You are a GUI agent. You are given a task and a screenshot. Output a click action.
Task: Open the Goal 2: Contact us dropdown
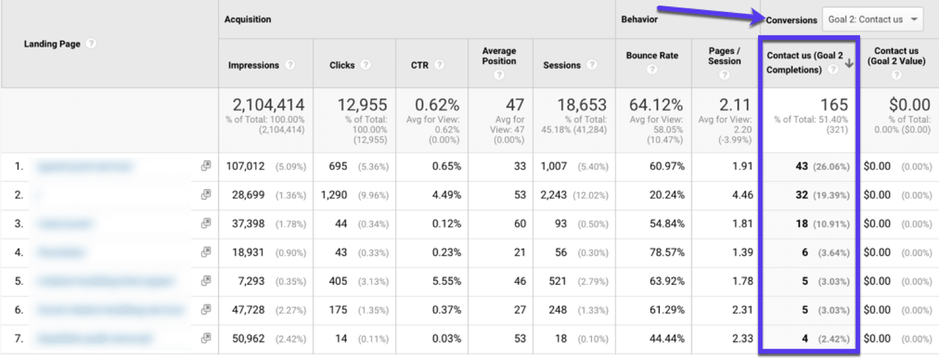pyautogui.click(x=873, y=19)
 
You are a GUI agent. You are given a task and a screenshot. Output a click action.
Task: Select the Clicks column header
pyautogui.click(x=342, y=65)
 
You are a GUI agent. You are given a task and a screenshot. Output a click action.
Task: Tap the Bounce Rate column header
pyautogui.click(x=652, y=55)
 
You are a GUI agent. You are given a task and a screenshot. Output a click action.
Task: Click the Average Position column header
pyautogui.click(x=499, y=56)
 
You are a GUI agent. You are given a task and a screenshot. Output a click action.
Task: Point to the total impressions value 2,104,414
pyautogui.click(x=268, y=105)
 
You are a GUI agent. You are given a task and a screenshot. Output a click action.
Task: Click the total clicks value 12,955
pyautogui.click(x=362, y=105)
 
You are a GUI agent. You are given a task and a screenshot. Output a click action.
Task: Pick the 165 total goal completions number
pyautogui.click(x=834, y=105)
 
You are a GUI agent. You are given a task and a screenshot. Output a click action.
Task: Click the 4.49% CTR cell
pyautogui.click(x=447, y=195)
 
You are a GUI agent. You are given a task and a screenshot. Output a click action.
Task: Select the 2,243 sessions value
pyautogui.click(x=553, y=195)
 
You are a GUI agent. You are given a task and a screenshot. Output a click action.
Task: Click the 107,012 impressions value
pyautogui.click(x=246, y=167)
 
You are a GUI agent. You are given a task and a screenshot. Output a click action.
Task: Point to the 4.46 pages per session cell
pyautogui.click(x=742, y=195)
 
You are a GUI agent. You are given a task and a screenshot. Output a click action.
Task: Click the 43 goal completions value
pyautogui.click(x=802, y=167)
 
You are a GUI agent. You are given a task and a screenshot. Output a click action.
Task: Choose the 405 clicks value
pyautogui.click(x=338, y=281)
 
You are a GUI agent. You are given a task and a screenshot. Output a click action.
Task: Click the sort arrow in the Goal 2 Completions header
pyautogui.click(x=849, y=63)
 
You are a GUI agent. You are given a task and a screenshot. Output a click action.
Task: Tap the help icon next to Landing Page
pyautogui.click(x=91, y=44)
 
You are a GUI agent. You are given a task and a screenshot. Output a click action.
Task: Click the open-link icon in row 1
pyautogui.click(x=205, y=166)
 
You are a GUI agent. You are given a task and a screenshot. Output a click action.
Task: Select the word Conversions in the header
pyautogui.click(x=792, y=19)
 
